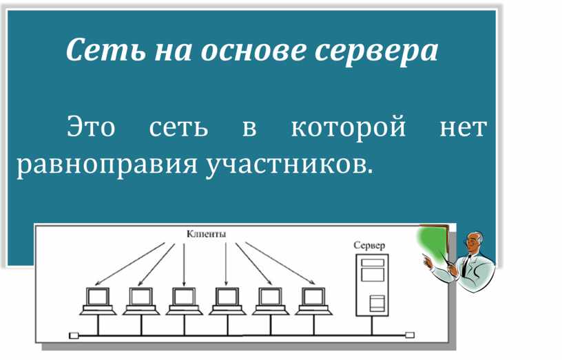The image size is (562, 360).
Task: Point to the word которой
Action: pyautogui.click(x=348, y=128)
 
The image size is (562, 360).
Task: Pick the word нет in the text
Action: pyautogui.click(x=463, y=128)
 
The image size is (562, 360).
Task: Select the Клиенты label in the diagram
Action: pyautogui.click(x=206, y=234)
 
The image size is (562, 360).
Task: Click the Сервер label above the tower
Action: pyautogui.click(x=370, y=245)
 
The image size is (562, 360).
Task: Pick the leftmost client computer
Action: pyautogui.click(x=97, y=301)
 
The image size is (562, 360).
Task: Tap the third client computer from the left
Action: pyautogui.click(x=184, y=301)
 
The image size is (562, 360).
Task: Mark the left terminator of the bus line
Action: pyautogui.click(x=74, y=336)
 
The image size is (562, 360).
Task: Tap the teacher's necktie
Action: pyautogui.click(x=468, y=264)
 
